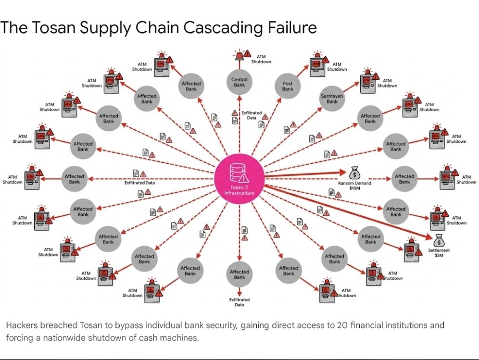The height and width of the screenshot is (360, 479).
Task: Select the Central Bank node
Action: pos(239,82)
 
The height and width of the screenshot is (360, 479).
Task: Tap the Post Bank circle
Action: pos(288,86)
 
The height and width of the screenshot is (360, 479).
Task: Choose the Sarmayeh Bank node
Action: pos(332,99)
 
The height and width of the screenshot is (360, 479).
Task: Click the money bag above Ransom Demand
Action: pos(354,173)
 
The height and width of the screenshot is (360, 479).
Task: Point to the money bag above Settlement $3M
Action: pos(439,241)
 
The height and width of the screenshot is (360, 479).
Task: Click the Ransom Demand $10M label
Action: pos(354,186)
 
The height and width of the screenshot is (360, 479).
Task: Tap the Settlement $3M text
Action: pos(439,252)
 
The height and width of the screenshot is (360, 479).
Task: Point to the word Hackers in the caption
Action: pos(21,325)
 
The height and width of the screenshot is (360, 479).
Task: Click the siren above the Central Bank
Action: pos(239,54)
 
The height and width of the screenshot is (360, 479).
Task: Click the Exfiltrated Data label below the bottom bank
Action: pos(239,302)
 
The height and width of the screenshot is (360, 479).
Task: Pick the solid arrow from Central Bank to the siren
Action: pos(239,64)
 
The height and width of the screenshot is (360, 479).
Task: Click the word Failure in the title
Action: pos(293,27)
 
